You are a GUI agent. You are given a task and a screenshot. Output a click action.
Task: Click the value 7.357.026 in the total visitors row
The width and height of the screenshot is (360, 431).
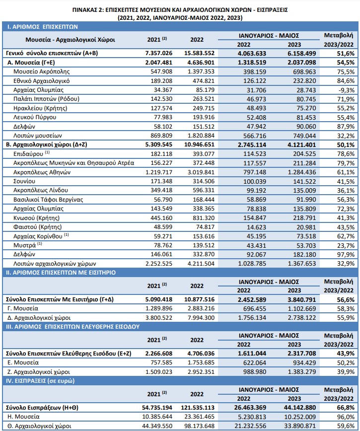coord(158,53)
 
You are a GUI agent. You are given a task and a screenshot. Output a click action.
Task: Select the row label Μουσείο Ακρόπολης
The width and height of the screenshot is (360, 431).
coord(42,72)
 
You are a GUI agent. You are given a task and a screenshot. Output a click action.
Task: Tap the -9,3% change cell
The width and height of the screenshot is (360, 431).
coord(346,90)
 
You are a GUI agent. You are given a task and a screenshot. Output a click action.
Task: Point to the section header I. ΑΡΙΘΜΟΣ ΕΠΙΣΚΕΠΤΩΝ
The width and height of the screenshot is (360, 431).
coord(43,27)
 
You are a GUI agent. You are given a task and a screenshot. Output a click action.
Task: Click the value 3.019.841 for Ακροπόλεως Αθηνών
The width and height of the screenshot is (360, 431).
coord(201,172)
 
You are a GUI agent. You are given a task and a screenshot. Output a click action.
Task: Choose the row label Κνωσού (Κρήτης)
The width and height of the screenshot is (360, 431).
coord(37,218)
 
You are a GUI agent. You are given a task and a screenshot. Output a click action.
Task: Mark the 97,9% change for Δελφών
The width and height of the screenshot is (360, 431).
coord(346,255)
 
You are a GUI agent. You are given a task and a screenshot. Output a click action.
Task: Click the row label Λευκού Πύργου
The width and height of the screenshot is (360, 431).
coord(35,117)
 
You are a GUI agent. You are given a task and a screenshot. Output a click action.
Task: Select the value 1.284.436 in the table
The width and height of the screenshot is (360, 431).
coord(302,172)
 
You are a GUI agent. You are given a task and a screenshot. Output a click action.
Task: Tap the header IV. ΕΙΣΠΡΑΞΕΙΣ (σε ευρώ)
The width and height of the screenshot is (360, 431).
coord(40,381)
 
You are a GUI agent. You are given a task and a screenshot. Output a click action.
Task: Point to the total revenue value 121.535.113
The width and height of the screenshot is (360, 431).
coord(198,407)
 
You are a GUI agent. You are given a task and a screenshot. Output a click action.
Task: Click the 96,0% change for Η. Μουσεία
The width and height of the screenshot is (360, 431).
coord(346,417)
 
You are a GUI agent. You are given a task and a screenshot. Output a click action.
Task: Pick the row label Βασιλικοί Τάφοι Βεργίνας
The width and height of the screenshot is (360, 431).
coord(48,200)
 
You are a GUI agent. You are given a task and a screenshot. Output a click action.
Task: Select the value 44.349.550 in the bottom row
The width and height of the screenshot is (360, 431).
coord(157,426)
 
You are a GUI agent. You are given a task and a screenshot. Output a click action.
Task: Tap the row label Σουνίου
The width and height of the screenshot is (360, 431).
coord(24,181)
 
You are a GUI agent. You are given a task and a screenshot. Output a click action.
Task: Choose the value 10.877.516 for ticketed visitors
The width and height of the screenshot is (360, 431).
coord(199,299)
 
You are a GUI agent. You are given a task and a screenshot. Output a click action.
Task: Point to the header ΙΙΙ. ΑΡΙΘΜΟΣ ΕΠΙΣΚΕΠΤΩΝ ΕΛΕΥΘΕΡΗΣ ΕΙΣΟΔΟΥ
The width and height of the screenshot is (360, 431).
coord(73,327)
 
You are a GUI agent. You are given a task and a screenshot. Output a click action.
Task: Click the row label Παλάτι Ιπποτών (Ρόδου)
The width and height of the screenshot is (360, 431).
coord(47,99)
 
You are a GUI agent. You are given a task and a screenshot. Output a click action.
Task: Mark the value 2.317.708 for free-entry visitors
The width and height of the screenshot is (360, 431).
coord(302,354)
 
